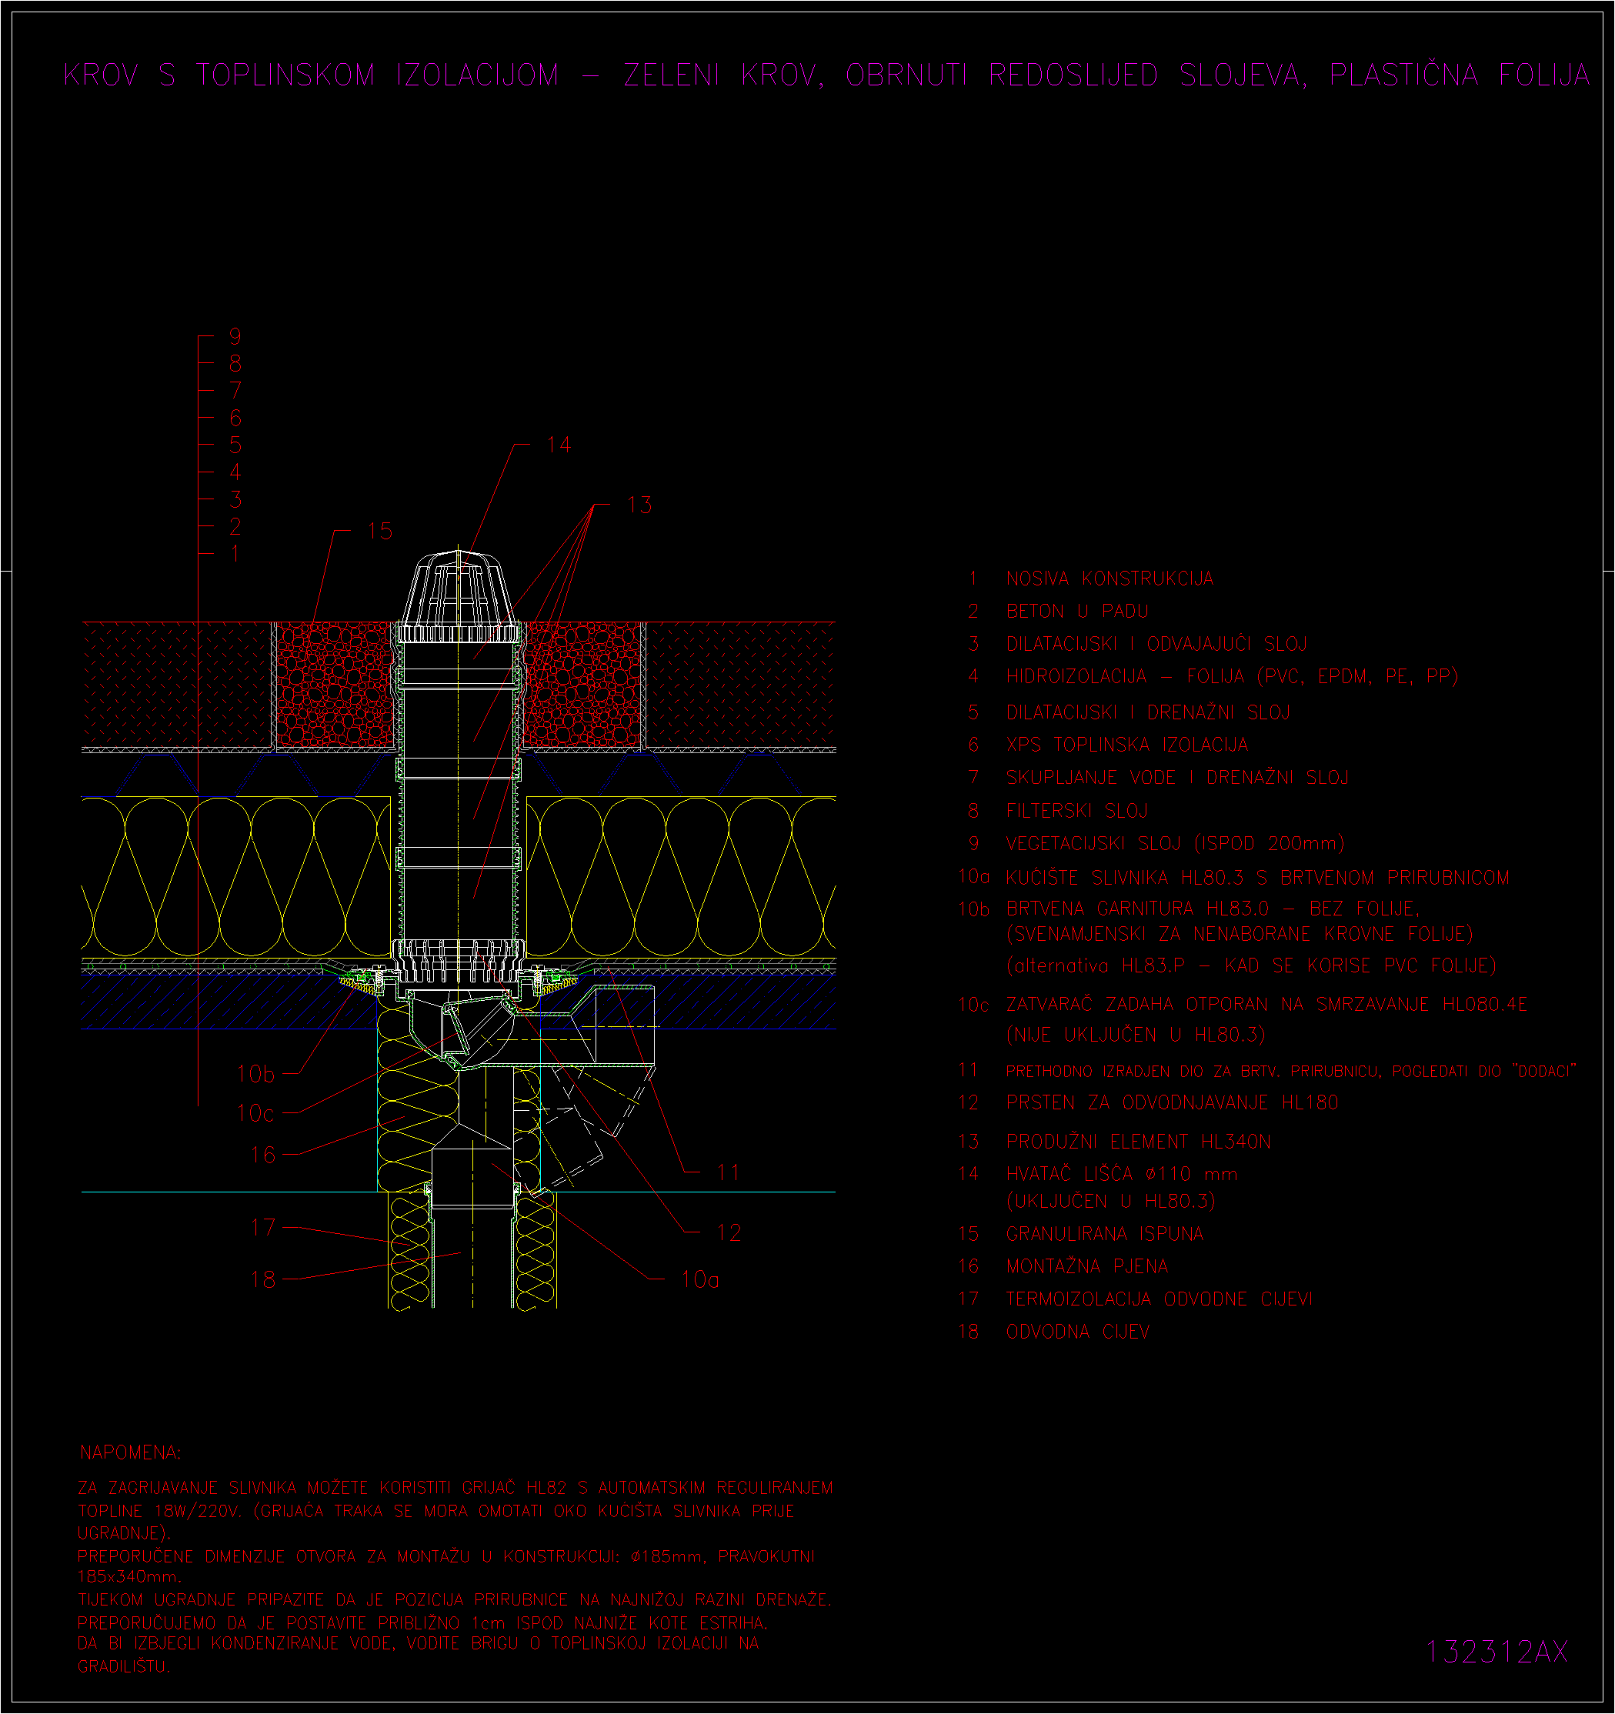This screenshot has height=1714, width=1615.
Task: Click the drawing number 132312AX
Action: pos(1497,1652)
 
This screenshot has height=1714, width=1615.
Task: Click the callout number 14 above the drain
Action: pos(559,445)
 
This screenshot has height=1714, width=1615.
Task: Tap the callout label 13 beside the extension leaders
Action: pos(639,505)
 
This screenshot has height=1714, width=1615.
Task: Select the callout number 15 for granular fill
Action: pos(379,531)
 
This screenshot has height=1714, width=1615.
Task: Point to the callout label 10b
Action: pos(255,1074)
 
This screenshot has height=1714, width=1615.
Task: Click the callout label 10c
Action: pos(255,1114)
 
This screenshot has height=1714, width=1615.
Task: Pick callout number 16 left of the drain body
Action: pos(263,1155)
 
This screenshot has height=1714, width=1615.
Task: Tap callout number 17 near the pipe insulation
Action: pos(263,1228)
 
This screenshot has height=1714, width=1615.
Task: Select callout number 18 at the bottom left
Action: pos(263,1279)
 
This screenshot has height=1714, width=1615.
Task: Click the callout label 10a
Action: pos(700,1280)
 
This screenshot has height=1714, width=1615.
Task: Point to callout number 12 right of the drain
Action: pos(729,1233)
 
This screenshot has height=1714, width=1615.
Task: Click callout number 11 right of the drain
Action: pos(729,1172)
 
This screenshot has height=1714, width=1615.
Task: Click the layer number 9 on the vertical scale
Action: pos(235,337)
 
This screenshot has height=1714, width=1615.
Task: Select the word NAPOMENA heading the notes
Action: pos(130,1452)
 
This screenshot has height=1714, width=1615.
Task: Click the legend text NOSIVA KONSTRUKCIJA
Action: pos(1109,579)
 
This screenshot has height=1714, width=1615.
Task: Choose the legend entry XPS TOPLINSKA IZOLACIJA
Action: pos(1127,745)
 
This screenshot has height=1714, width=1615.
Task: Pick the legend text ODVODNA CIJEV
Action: pos(1078,1332)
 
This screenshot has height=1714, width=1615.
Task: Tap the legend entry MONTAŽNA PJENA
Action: pos(1087,1266)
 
